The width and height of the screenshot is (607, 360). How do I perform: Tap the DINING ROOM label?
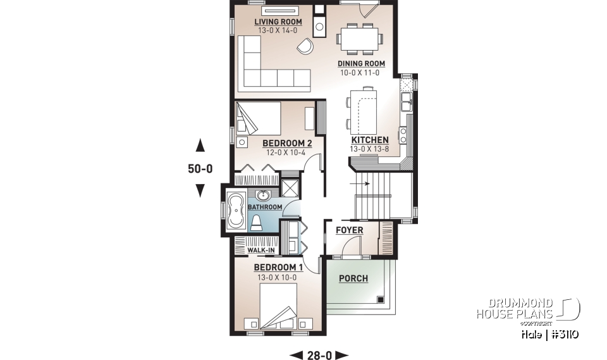[x=360, y=63]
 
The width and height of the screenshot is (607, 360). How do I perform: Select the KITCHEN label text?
[x=370, y=140]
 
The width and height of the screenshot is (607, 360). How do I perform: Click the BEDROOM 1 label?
[x=278, y=268]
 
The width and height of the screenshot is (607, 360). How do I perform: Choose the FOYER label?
[x=349, y=230]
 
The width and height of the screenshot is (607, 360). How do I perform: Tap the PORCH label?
[x=353, y=278]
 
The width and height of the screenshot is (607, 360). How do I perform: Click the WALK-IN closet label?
[x=261, y=251]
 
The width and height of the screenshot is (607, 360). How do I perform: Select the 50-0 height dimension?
[x=200, y=169]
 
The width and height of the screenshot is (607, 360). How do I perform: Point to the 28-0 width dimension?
[x=319, y=355]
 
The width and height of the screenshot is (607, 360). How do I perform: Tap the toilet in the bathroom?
[x=257, y=221]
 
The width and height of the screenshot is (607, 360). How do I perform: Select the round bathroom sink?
[x=264, y=195]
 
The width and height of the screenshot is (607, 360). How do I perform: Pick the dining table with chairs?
[x=358, y=37]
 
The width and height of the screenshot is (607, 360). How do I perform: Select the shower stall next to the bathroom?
[x=290, y=189]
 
